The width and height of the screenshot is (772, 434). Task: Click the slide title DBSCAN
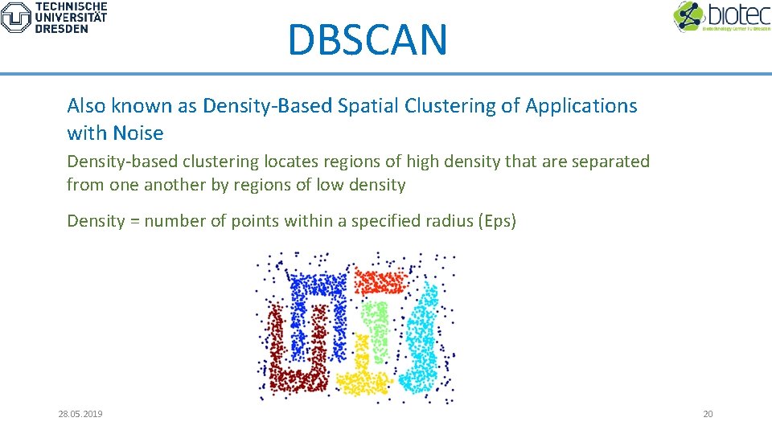[367, 40]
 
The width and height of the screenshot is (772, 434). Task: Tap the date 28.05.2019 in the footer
[80, 414]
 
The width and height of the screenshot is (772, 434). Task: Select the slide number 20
[708, 414]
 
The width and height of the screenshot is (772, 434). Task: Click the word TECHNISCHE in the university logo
[71, 6]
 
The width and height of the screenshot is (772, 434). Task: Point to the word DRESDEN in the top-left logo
[61, 28]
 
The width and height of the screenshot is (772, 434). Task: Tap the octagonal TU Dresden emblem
[16, 17]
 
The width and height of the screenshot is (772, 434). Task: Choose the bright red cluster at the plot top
[382, 280]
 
